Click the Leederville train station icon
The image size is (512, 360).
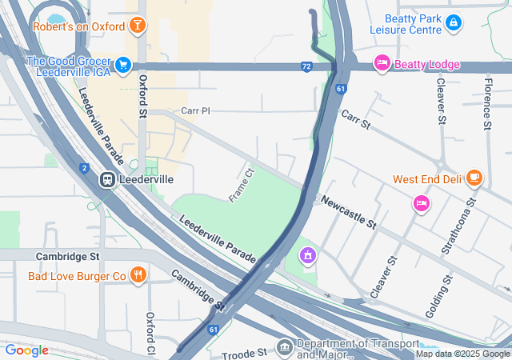[x=106, y=180]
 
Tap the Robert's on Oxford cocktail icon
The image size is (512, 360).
[x=138, y=26]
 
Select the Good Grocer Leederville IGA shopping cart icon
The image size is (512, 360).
[x=122, y=63]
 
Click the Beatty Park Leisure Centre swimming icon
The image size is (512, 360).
[x=454, y=22]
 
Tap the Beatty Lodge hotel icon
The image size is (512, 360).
[x=382, y=63]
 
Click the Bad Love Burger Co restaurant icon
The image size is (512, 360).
[x=138, y=276]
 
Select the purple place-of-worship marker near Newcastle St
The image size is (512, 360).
[x=306, y=256]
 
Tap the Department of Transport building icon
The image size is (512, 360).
[x=285, y=348]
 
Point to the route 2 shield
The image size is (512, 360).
[x=84, y=168]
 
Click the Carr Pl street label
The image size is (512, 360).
[x=194, y=110]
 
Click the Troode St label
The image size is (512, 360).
[x=245, y=352]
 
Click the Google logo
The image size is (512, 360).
[x=26, y=350]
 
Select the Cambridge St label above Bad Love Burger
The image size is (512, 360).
[x=67, y=257]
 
